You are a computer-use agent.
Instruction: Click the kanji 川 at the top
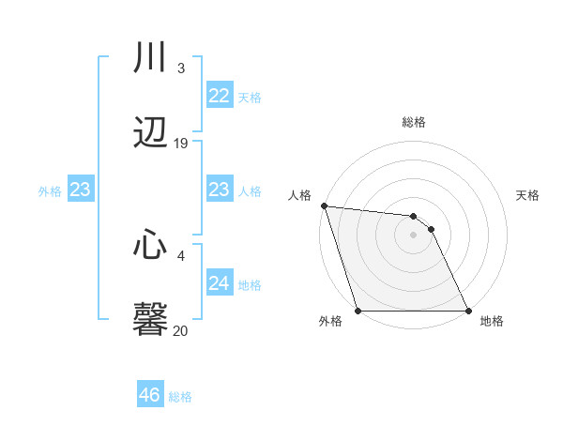pos(150,58)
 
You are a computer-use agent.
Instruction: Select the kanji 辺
pos(150,133)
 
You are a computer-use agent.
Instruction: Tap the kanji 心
pos(150,246)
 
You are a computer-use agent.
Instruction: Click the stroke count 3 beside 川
pos(180,68)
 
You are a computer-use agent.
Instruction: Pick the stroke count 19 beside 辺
pos(181,144)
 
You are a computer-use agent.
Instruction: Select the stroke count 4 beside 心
pos(180,254)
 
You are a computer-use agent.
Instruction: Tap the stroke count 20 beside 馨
pos(181,330)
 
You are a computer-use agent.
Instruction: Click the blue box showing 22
pos(220,96)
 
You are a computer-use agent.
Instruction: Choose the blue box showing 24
pos(220,283)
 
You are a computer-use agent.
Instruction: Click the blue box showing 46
pos(150,395)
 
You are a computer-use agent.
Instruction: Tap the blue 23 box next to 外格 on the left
pos(80,190)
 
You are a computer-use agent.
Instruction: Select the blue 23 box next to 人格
pos(220,190)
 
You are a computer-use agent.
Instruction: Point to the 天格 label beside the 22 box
pos(250,97)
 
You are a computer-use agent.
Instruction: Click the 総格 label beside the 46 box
pos(180,397)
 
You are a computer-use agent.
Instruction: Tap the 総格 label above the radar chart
pos(414,123)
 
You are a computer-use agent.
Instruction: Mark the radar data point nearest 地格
pos(467,311)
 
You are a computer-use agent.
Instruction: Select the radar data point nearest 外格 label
pos(358,311)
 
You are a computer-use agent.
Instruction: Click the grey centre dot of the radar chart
pos(413,235)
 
